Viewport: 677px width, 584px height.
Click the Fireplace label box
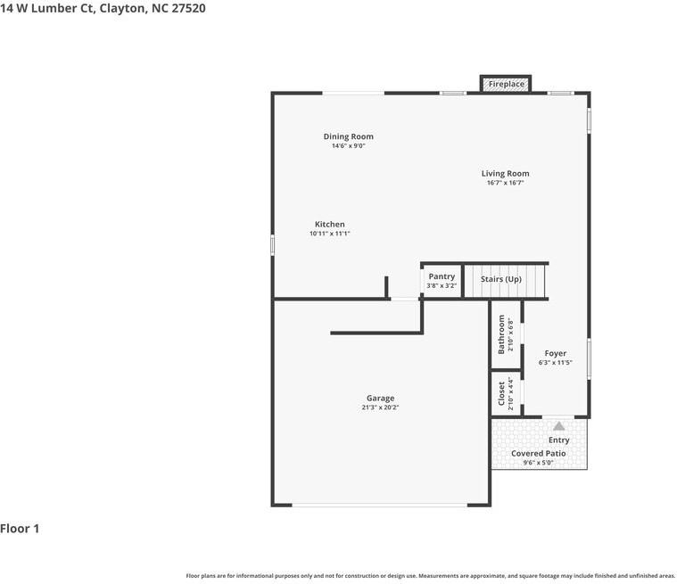point(506,84)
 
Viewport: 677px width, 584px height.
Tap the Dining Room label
point(349,136)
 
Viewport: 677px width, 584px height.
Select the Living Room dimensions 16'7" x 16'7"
point(505,183)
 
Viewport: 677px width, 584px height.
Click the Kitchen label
point(329,224)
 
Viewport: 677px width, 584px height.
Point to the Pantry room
point(442,281)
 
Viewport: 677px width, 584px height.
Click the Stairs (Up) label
point(501,279)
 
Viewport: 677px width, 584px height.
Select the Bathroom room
point(506,334)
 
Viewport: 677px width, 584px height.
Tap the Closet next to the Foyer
point(506,394)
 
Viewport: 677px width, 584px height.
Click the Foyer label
point(555,353)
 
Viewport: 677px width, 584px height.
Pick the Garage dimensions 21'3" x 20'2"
point(380,407)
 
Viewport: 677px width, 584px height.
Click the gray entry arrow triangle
point(559,426)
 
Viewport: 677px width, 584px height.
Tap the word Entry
point(558,440)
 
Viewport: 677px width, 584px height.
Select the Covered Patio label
point(539,453)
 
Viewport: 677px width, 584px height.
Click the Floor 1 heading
point(20,529)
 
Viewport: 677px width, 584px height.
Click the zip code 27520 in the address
point(188,8)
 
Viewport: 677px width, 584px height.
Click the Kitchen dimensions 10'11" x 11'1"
point(329,234)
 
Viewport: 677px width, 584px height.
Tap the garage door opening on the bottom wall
point(379,505)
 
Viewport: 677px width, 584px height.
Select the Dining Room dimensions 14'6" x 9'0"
point(349,146)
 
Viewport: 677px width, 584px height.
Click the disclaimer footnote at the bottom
point(430,576)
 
